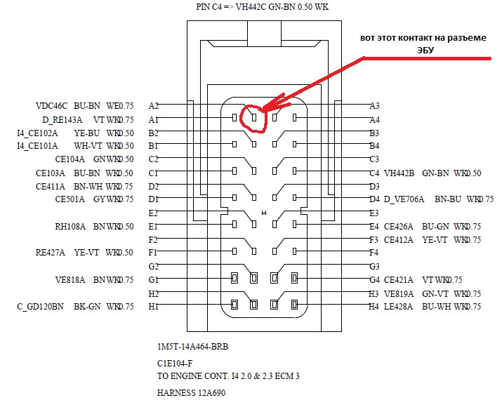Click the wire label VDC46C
click(51, 105)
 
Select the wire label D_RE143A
click(62, 119)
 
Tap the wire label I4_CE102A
click(37, 133)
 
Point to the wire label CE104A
click(68, 159)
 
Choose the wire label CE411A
click(51, 186)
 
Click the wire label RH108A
click(70, 227)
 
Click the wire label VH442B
click(399, 173)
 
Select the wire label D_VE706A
click(404, 199)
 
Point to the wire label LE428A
click(399, 307)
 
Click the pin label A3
click(374, 105)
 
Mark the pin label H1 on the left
click(154, 307)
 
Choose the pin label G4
click(374, 280)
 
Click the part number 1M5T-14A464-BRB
click(193, 347)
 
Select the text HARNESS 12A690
click(192, 393)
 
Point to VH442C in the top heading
click(254, 6)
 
